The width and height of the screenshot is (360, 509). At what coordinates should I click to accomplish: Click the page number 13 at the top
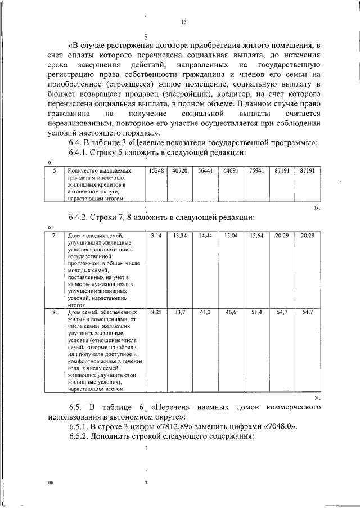[183, 22]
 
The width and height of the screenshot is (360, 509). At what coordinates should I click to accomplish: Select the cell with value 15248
[156, 169]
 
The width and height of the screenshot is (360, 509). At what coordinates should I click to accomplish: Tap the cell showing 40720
[179, 169]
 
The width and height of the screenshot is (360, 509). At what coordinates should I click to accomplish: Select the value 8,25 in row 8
[156, 311]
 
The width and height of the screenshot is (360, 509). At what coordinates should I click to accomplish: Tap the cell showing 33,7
[180, 311]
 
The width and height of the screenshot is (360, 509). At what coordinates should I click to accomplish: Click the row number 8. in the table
[55, 311]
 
